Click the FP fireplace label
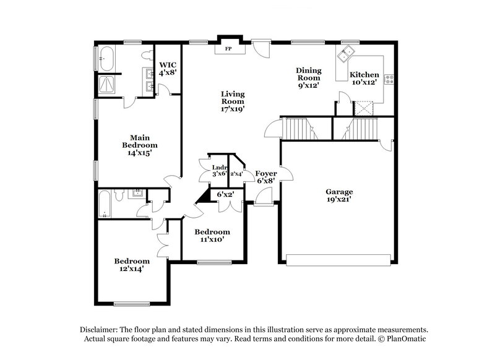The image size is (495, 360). click(x=228, y=49)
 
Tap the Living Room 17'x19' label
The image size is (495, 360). click(x=233, y=101)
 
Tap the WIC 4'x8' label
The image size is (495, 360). click(x=168, y=68)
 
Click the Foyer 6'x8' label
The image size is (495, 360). click(x=265, y=177)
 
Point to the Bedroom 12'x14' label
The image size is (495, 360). click(x=132, y=265)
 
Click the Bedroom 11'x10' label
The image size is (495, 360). click(x=212, y=236)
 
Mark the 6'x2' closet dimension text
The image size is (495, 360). click(x=225, y=194)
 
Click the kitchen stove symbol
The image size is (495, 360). click(x=390, y=79)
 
